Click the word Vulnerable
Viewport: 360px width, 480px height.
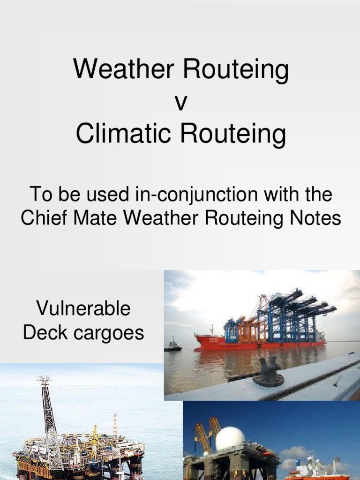pos(83,309)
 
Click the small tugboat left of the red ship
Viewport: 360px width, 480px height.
pos(173,345)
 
